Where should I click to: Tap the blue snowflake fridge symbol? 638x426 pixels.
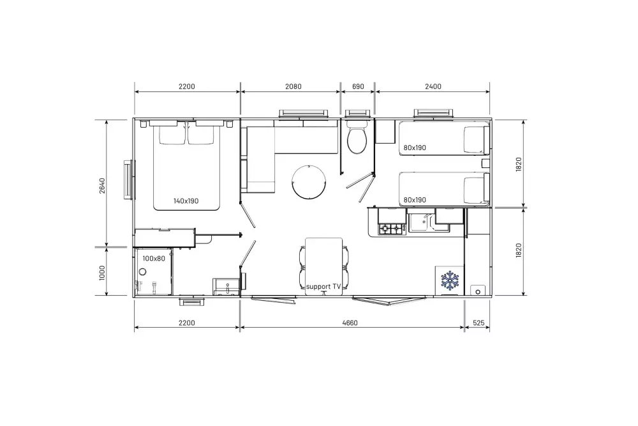(x=450, y=280)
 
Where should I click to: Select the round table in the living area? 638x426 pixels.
(x=309, y=182)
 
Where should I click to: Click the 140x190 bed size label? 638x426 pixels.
(x=186, y=201)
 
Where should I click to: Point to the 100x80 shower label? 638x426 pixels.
(x=154, y=258)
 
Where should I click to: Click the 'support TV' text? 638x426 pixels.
(x=323, y=286)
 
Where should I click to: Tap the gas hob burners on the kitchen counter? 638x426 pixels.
(x=390, y=229)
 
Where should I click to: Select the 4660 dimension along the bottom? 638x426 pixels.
(x=350, y=323)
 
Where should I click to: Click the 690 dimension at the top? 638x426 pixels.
(x=358, y=86)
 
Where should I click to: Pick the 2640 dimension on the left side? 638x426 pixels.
(x=102, y=186)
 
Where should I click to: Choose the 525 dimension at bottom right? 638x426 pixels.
(x=479, y=323)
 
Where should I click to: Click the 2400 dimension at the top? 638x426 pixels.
(x=433, y=86)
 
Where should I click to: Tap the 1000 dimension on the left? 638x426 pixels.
(x=102, y=273)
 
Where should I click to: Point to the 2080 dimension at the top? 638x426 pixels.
(x=293, y=86)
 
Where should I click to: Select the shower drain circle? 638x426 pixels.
(x=142, y=271)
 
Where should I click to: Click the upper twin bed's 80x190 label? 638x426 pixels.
(x=415, y=148)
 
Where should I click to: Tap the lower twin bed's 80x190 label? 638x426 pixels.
(x=415, y=200)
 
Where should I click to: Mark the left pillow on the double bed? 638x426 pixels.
(x=172, y=135)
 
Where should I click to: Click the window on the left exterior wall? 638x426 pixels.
(x=130, y=179)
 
